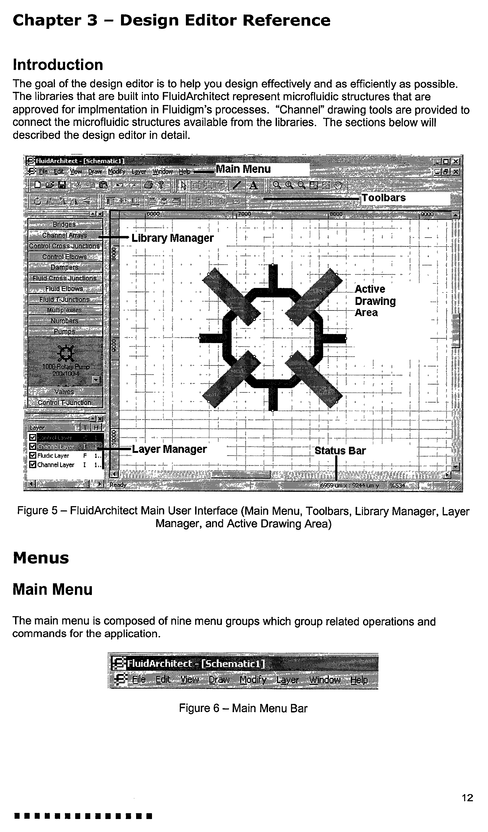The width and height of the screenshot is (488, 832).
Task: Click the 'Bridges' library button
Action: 64,225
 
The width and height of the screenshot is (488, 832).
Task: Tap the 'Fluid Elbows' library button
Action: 64,289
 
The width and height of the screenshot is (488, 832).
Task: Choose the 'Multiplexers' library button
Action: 64,310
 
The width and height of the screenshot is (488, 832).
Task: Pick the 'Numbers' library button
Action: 64,321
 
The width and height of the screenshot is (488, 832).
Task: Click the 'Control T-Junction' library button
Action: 64,402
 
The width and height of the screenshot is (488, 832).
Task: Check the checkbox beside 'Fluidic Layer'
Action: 32,455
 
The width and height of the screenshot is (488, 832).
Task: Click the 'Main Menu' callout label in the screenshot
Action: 243,169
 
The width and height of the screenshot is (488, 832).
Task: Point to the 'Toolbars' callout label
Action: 384,198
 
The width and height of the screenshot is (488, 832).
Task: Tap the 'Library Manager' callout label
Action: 172,238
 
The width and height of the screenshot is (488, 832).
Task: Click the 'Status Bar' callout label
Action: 340,451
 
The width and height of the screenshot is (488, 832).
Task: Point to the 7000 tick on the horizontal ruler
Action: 244,214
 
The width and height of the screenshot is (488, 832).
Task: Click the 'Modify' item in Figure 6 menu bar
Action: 253,680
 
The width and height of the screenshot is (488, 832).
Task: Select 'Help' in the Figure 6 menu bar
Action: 359,680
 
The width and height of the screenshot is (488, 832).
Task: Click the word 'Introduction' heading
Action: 58,65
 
